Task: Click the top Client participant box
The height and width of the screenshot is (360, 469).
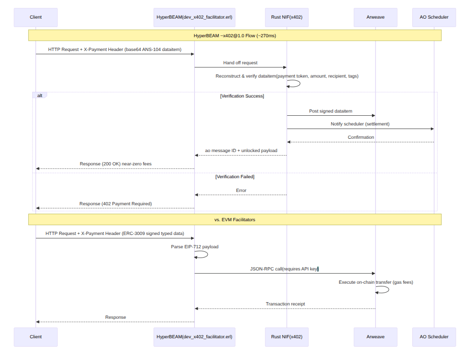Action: tap(35, 17)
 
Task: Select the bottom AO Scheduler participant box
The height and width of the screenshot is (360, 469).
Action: tap(434, 337)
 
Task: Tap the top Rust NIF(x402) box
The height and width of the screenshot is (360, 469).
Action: tap(287, 17)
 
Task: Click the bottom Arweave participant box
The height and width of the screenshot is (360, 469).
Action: tap(375, 337)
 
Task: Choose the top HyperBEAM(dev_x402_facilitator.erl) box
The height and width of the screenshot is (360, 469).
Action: tap(194, 17)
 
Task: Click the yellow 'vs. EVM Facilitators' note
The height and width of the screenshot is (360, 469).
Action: tap(234, 219)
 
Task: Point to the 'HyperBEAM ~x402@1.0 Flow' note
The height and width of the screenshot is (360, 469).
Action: tap(234, 35)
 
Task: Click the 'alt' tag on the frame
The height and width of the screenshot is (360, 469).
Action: tap(39, 95)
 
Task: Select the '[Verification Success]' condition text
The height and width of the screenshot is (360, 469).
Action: tap(242, 96)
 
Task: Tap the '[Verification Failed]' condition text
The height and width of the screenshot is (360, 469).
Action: tap(235, 177)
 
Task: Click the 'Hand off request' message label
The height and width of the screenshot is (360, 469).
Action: tap(240, 63)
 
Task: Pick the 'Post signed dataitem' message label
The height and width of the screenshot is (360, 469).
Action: tap(331, 111)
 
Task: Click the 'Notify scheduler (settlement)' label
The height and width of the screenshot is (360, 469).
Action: tap(360, 124)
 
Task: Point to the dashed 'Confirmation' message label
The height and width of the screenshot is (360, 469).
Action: tap(360, 137)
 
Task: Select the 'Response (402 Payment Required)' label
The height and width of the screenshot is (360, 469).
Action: tap(115, 204)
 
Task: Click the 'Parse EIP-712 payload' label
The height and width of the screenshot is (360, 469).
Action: tap(195, 247)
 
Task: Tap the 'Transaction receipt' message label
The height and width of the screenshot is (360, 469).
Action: tap(285, 304)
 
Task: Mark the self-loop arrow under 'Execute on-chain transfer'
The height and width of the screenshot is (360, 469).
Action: tap(383, 290)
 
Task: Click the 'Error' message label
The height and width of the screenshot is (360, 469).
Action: tap(241, 191)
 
